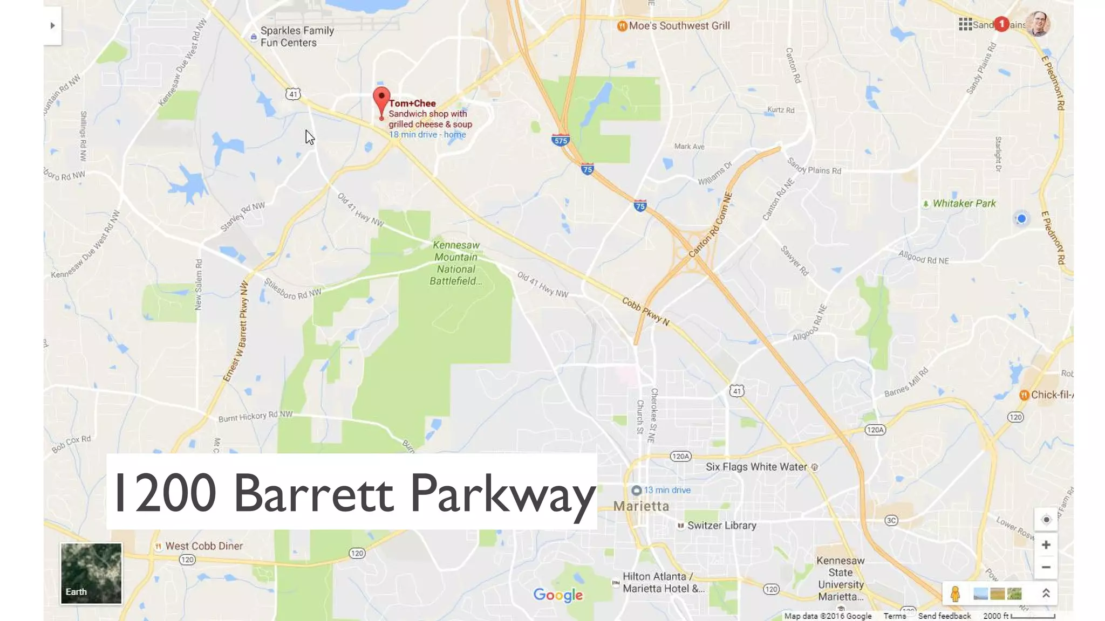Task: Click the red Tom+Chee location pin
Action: click(x=381, y=100)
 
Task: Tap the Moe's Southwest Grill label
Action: click(x=678, y=26)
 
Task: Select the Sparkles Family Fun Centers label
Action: click(x=297, y=37)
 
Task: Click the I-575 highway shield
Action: click(x=561, y=141)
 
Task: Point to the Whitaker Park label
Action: click(x=964, y=204)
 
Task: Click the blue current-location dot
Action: click(x=1021, y=219)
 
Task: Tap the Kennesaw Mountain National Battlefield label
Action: click(x=456, y=263)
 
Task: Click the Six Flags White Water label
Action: click(x=756, y=467)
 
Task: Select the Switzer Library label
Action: click(x=721, y=526)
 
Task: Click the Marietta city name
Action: click(x=641, y=506)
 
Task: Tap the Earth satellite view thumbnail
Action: click(x=91, y=573)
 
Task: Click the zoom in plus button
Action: click(x=1046, y=545)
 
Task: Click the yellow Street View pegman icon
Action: click(x=955, y=594)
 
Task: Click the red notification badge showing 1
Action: click(x=1001, y=24)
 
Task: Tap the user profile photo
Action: click(x=1038, y=24)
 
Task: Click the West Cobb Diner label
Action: click(x=203, y=546)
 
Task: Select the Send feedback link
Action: click(x=944, y=616)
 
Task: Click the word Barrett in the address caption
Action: click(x=313, y=493)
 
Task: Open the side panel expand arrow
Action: click(x=52, y=25)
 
